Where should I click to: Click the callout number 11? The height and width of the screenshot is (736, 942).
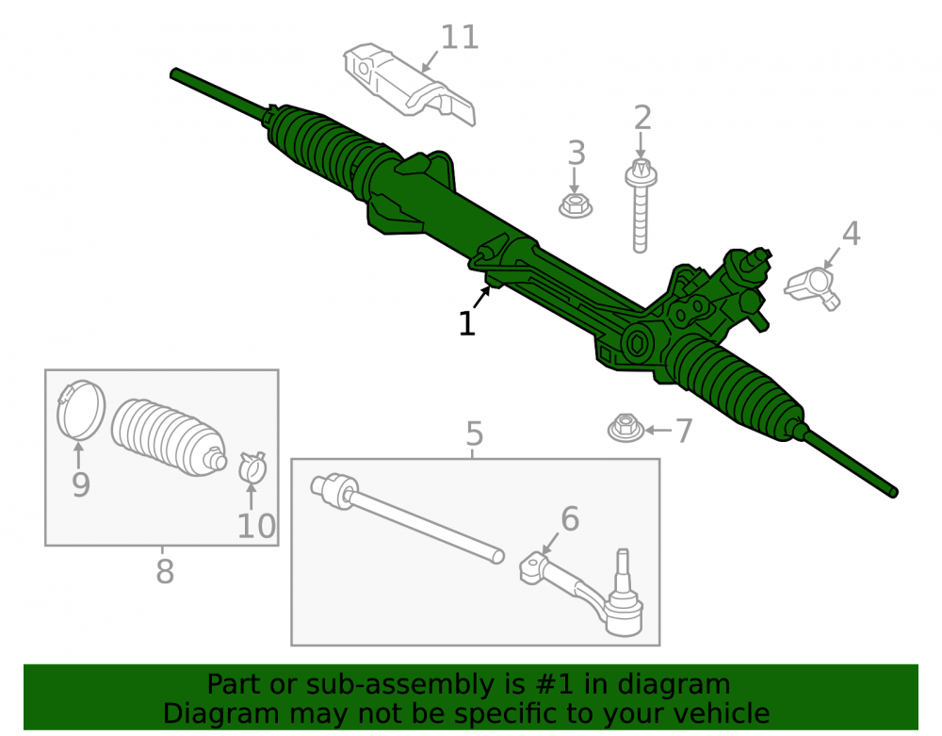point(460,38)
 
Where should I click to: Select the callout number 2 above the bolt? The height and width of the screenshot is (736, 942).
point(642,118)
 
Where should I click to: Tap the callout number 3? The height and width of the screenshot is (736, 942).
point(577,154)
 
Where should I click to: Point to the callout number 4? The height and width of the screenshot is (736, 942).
point(851,233)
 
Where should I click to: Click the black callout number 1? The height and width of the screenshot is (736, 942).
point(467,324)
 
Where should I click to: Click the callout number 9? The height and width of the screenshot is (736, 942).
point(80,484)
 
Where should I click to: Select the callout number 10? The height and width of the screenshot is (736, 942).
point(256,526)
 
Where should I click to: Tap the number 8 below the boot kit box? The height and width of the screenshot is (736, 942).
point(165,571)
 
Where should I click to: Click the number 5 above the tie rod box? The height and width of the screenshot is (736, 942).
point(474,433)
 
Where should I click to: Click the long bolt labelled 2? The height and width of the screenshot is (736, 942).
point(641,205)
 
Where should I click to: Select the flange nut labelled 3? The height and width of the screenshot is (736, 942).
point(576,204)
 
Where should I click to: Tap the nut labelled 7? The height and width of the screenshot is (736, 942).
point(626,428)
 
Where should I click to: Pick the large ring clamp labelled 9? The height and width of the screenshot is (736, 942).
point(80,410)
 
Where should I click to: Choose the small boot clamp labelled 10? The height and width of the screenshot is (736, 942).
point(252,467)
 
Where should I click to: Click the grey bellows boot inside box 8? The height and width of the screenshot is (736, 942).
point(170,437)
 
